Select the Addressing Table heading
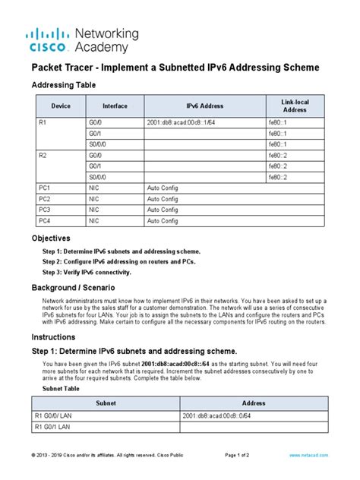[x=63, y=85]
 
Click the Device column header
[x=61, y=106]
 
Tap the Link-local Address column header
[x=295, y=106]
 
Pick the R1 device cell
[x=43, y=122]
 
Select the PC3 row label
[x=44, y=210]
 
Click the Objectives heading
[x=55, y=238]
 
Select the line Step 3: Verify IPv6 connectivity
[x=87, y=272]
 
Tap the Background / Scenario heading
[x=73, y=289]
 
